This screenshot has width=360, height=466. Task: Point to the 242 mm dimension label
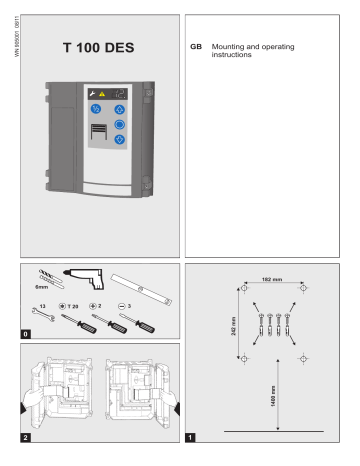point(234,323)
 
